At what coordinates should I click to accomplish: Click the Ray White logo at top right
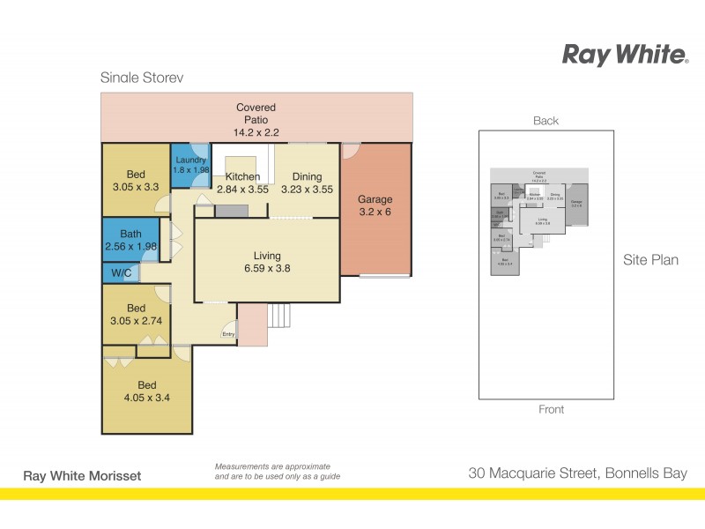625,56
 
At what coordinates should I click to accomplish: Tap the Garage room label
375,200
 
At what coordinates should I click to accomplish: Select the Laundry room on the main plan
189,165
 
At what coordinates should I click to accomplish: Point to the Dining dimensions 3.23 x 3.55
308,189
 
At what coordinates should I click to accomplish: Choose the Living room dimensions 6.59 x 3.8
266,267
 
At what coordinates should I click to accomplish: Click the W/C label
120,273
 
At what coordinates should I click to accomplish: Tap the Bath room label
130,234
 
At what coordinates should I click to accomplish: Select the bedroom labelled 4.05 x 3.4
146,398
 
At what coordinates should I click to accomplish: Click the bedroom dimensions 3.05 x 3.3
135,188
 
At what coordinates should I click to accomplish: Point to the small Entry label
228,334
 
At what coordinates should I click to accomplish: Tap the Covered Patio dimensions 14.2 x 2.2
256,132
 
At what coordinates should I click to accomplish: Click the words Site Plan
650,260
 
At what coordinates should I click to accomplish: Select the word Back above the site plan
545,121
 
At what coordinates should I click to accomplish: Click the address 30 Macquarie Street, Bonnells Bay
577,474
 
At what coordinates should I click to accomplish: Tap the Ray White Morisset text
81,476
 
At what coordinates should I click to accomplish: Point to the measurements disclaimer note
278,472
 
